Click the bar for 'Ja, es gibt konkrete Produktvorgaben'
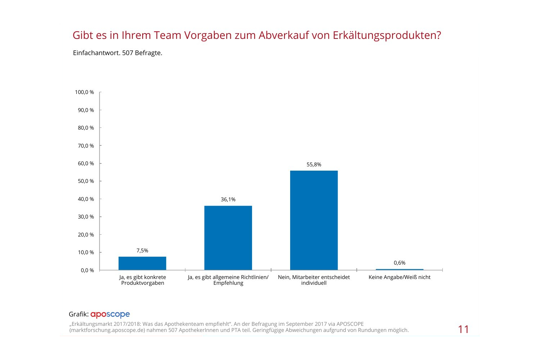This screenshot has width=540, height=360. tap(142, 263)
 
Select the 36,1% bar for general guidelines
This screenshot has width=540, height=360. tap(228, 238)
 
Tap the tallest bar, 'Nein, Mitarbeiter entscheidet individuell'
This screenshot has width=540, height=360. tap(314, 220)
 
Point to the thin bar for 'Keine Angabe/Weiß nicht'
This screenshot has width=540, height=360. tap(400, 269)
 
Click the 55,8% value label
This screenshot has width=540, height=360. tap(314, 165)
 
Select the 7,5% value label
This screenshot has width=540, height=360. tap(142, 251)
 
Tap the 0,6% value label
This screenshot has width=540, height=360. tap(400, 263)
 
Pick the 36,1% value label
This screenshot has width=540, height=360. tap(228, 199)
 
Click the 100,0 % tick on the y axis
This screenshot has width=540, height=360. tap(85, 92)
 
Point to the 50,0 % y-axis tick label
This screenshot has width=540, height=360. tap(86, 181)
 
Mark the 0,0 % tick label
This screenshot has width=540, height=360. tap(87, 270)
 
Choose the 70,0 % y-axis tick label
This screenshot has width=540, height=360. tap(86, 146)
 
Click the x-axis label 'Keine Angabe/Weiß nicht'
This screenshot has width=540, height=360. tap(400, 277)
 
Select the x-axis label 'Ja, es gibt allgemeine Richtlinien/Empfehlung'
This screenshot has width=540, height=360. tap(228, 280)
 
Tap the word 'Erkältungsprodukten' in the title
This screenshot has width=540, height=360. tap(387, 35)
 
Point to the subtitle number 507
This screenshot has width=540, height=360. tap(127, 53)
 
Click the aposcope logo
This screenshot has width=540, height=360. tap(110, 314)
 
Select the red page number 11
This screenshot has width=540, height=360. tap(463, 329)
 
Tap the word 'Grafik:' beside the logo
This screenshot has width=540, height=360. tap(78, 314)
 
